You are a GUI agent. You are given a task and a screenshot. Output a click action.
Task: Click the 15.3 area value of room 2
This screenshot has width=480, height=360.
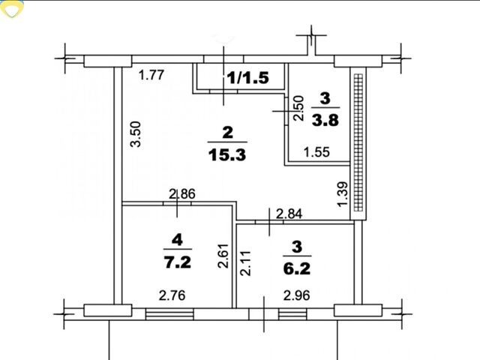tap(227, 155)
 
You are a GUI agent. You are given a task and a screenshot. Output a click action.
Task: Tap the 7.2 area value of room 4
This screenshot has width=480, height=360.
tap(178, 262)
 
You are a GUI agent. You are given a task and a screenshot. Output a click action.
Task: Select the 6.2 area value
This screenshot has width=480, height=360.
tap(297, 268)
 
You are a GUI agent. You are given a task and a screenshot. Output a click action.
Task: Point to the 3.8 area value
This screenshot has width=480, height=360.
tap(325, 120)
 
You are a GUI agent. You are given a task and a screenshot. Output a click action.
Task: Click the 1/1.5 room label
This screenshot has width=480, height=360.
tap(248, 78)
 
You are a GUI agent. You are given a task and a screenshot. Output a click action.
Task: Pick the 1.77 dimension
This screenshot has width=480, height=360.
tap(151, 75)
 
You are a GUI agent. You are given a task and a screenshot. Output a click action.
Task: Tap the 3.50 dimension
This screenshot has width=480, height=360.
tap(136, 134)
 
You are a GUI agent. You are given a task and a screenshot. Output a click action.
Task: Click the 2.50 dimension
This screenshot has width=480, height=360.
tap(298, 108)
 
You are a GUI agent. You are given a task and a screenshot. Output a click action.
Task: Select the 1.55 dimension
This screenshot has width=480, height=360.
tap(316, 152)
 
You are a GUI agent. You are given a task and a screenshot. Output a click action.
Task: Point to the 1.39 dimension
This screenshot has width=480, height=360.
tap(343, 194)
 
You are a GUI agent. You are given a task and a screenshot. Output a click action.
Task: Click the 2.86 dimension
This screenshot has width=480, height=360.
tap(182, 194)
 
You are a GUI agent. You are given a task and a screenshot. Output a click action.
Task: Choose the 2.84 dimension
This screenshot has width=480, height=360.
tap(289, 214)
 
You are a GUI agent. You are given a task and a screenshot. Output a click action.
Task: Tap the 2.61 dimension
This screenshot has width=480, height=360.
tap(223, 256)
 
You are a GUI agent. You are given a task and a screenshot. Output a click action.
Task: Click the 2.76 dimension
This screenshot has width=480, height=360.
tap(172, 295)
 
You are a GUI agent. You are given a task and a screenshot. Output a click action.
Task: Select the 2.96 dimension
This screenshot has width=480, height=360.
tap(297, 295)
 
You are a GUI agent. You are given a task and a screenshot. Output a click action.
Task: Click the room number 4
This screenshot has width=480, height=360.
tap(178, 240)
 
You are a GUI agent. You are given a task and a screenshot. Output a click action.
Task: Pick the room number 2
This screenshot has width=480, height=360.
tap(228, 133)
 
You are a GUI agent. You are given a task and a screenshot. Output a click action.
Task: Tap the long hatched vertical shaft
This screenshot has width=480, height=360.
tap(358, 142)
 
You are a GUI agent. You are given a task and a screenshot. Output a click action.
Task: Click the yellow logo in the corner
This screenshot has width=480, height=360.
tap(12, 8)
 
